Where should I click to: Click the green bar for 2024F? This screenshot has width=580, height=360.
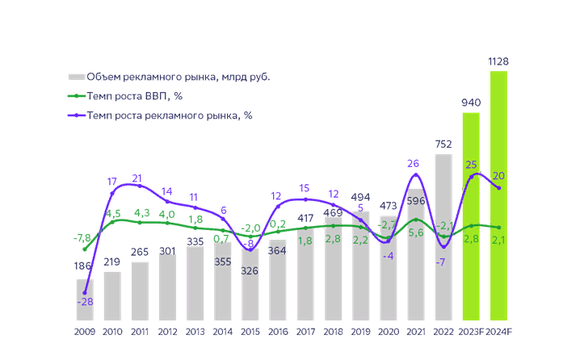tap(498, 194)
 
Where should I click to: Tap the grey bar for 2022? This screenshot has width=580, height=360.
tap(443, 234)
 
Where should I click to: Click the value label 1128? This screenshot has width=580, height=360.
tap(498, 61)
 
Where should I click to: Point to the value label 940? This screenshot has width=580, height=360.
tap(471, 103)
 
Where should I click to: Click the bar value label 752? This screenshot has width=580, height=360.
tap(443, 144)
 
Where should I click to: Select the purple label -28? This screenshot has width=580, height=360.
tap(85, 302)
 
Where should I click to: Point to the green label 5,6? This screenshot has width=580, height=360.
tap(416, 232)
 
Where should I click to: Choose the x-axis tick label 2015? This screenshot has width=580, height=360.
tap(251, 332)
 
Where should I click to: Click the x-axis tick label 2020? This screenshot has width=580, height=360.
tap(389, 332)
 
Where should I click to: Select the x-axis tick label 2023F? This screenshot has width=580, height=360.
tap(471, 332)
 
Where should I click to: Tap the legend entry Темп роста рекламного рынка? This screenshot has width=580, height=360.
tap(169, 115)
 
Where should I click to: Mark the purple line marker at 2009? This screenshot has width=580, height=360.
tap(85, 292)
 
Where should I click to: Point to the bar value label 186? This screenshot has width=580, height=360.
tap(82, 266)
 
